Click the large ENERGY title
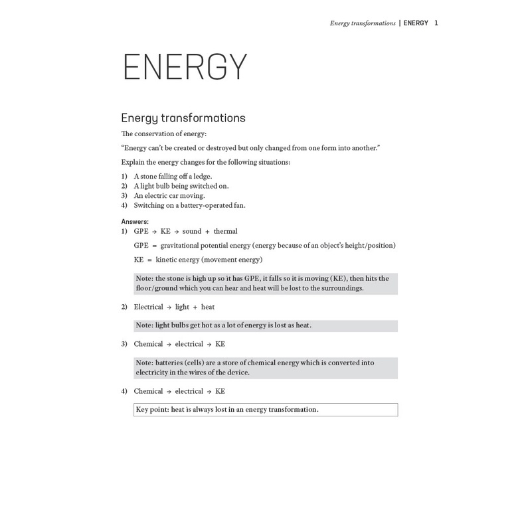[185, 67]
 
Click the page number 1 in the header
[436, 23]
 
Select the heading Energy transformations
[183, 118]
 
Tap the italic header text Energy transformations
[363, 23]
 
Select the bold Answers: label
[135, 222]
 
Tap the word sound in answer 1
[192, 231]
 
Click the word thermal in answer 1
[225, 231]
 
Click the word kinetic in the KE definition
[167, 260]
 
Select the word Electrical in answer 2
[148, 307]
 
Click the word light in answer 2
[182, 307]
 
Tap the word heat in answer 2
[208, 307]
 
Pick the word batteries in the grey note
[170, 363]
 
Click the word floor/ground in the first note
[157, 288]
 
